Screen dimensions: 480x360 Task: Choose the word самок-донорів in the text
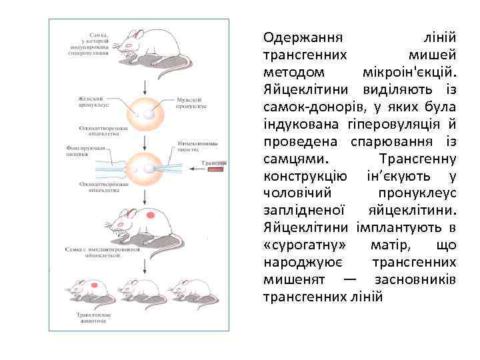(x=308, y=107)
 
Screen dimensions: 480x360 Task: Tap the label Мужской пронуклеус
(x=191, y=103)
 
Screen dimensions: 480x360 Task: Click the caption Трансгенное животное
(x=92, y=317)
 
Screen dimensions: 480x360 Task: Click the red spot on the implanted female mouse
(x=151, y=215)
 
